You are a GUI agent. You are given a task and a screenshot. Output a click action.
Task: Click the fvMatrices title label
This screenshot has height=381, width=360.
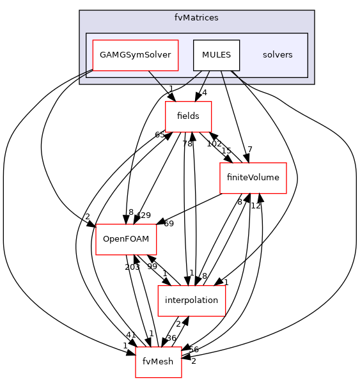pyautogui.click(x=196, y=18)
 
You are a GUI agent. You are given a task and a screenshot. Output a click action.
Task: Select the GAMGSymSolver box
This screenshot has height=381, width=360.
pyautogui.click(x=135, y=55)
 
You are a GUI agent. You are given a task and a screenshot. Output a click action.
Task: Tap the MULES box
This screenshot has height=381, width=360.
pyautogui.click(x=216, y=55)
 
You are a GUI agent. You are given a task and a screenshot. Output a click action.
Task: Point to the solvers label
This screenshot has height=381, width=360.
pyautogui.click(x=278, y=55)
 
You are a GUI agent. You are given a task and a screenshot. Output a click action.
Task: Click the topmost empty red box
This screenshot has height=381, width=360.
pyautogui.click(x=188, y=117)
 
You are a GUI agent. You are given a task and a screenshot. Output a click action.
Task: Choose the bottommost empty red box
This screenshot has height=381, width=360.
pyautogui.click(x=159, y=362)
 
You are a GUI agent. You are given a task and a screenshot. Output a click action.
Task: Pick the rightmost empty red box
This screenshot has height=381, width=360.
pyautogui.click(x=253, y=178)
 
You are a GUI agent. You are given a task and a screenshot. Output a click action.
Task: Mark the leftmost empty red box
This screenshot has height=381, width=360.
pyautogui.click(x=126, y=240)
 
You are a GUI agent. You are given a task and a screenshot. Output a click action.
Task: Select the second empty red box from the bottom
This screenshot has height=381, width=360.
pyautogui.click(x=192, y=300)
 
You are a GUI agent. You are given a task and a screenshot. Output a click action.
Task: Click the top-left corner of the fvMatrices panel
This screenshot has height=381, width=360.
pyautogui.click(x=80, y=11)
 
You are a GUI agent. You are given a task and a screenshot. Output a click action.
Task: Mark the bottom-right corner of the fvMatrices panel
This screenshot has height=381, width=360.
pyautogui.click(x=313, y=84)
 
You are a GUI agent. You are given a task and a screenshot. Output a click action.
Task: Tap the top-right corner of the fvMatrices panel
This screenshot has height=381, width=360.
pyautogui.click(x=313, y=11)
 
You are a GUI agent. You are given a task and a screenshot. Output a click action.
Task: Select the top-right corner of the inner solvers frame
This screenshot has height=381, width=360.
pyautogui.click(x=308, y=33)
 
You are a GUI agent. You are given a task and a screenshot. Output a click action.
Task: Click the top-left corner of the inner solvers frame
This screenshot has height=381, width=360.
pyautogui.click(x=86, y=33)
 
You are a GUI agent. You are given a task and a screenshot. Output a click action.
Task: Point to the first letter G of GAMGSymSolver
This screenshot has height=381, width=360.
pyautogui.click(x=103, y=55)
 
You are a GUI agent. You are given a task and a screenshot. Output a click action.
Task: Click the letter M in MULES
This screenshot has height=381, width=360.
pyautogui.click(x=205, y=55)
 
